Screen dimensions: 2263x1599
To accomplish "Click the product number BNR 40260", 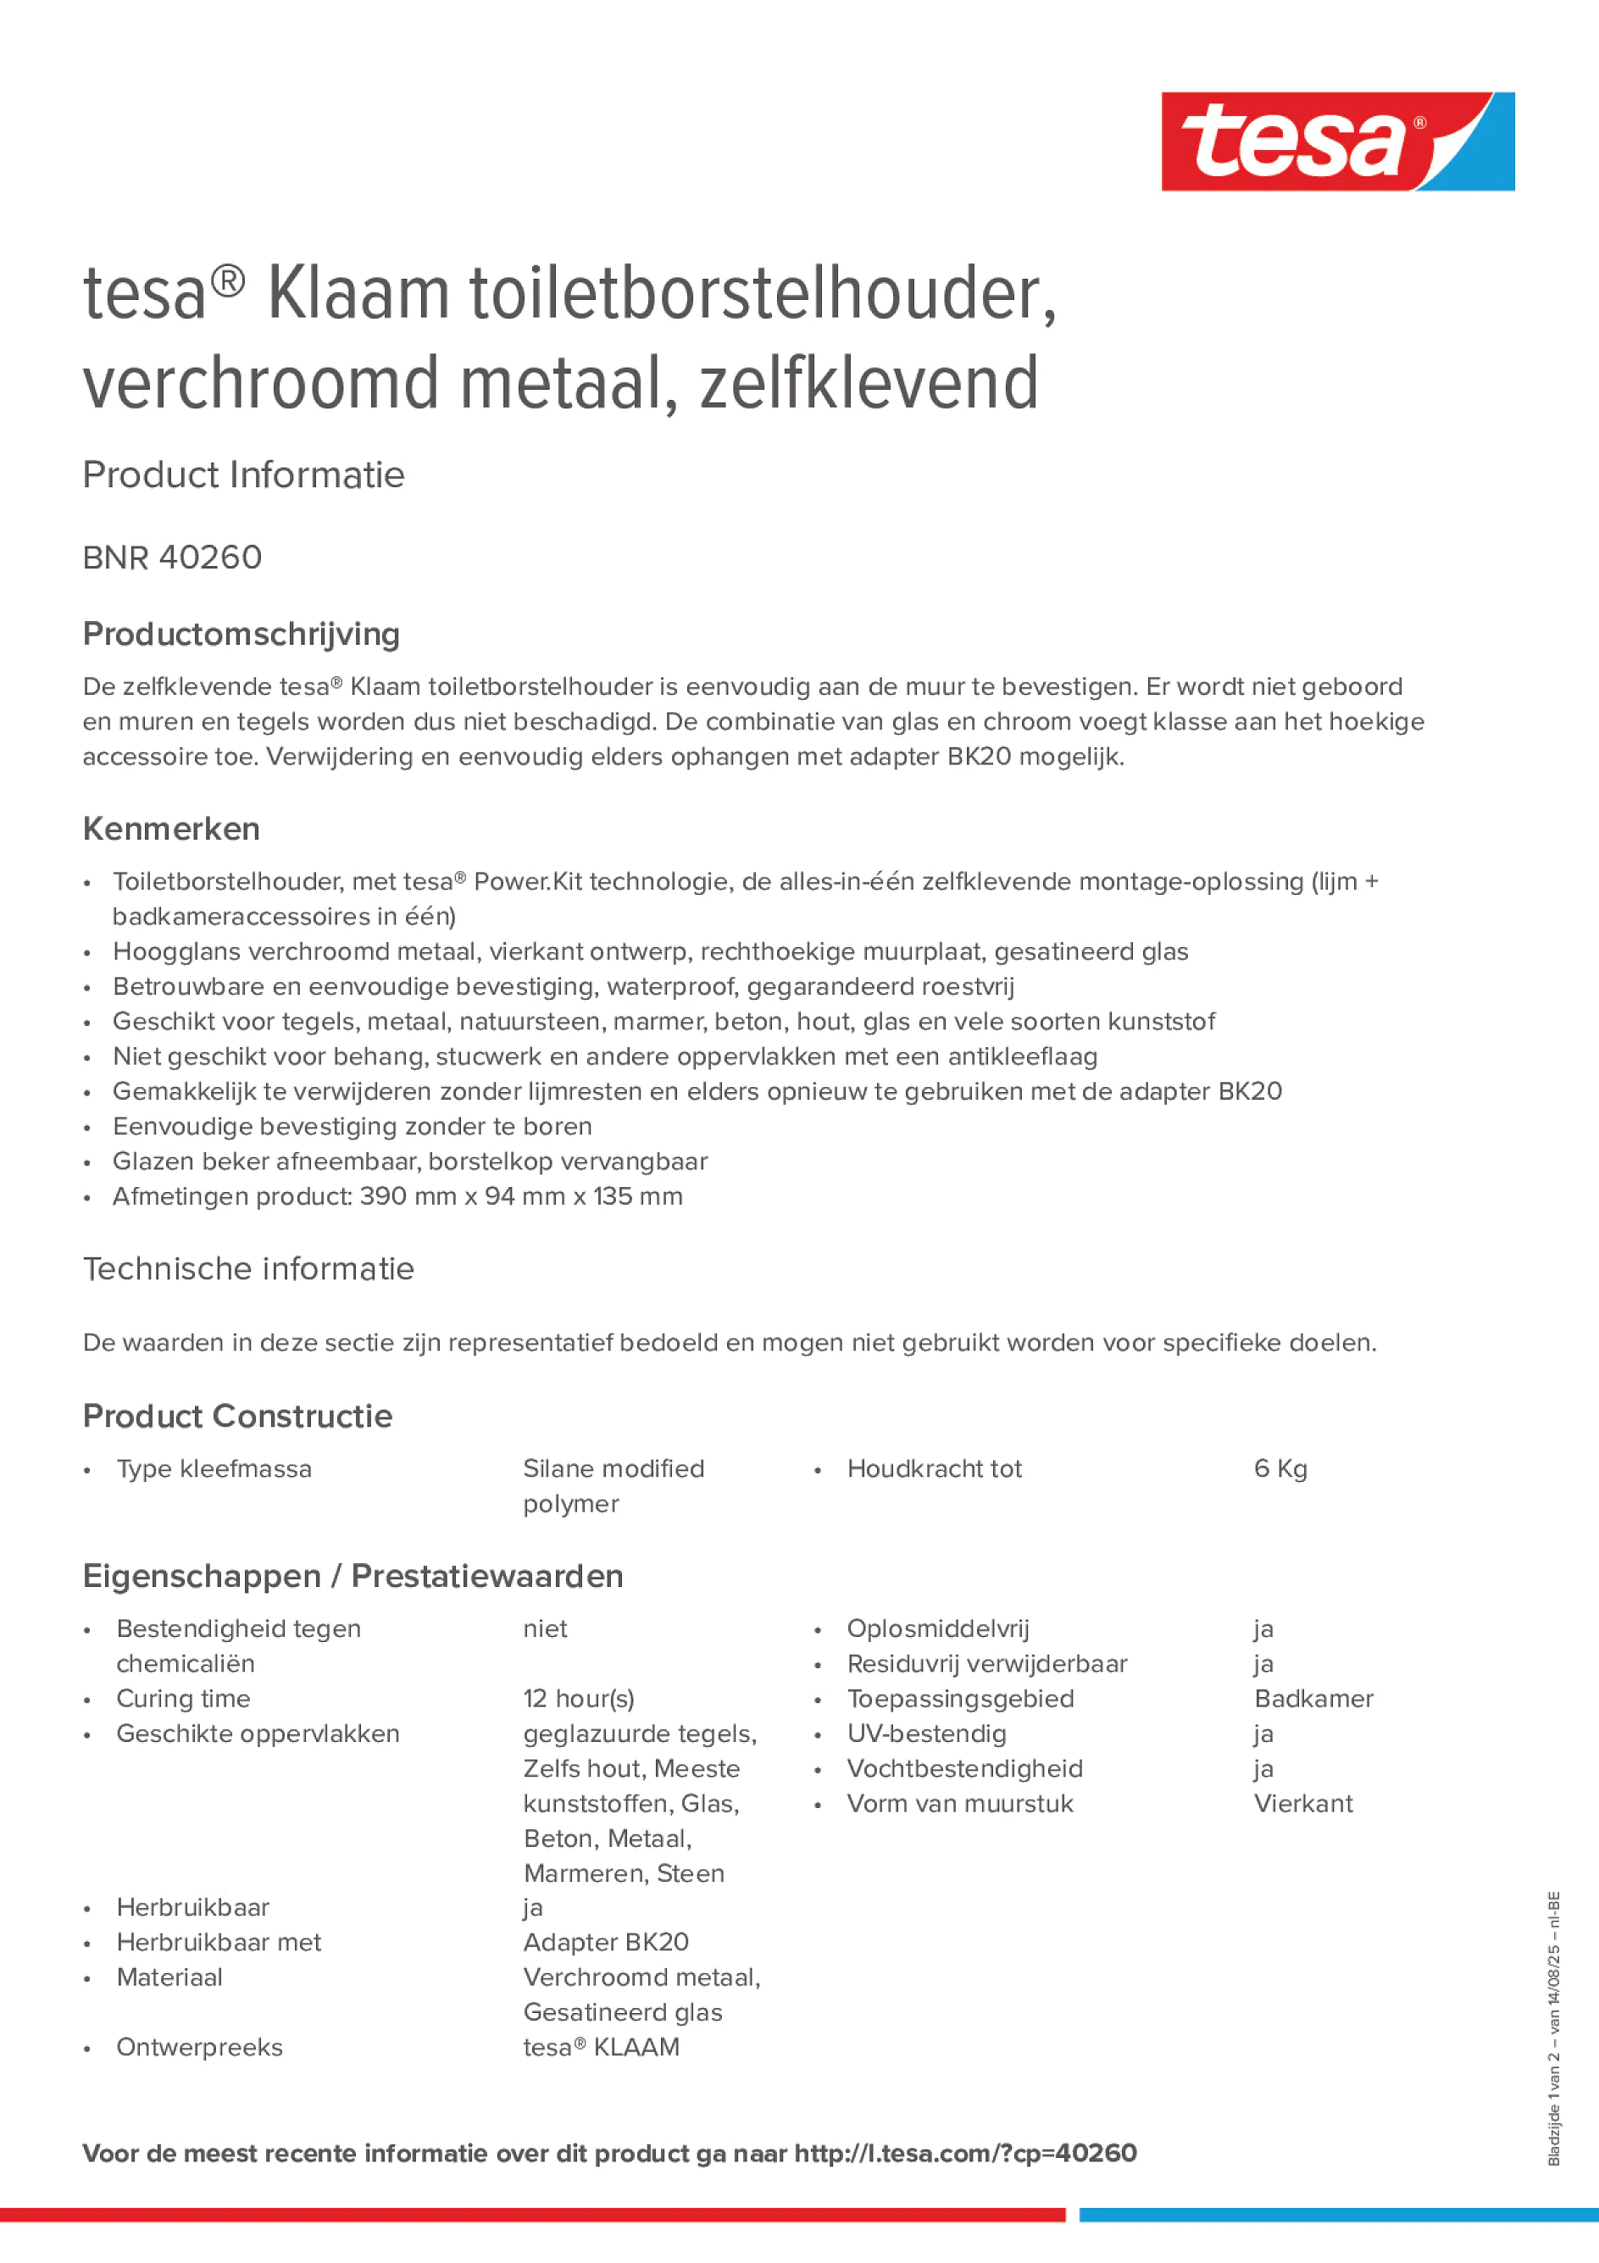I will click(x=173, y=557).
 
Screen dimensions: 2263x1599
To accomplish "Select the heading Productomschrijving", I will click(x=241, y=634).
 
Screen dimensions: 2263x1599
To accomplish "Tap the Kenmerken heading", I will click(x=170, y=829).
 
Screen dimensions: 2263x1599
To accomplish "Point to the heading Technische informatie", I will click(x=248, y=1268).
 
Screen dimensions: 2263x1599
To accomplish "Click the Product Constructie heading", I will click(x=237, y=1417).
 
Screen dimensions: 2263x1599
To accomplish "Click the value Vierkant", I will click(x=1302, y=1804).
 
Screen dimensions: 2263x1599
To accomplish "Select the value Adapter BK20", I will click(x=605, y=1943).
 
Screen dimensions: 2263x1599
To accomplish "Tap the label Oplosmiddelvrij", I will click(x=936, y=1628).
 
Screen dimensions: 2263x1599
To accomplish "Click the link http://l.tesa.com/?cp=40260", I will click(x=965, y=2154).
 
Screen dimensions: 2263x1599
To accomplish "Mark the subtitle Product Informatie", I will click(x=243, y=475).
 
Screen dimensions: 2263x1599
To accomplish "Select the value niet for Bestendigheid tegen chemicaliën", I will click(x=545, y=1628).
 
